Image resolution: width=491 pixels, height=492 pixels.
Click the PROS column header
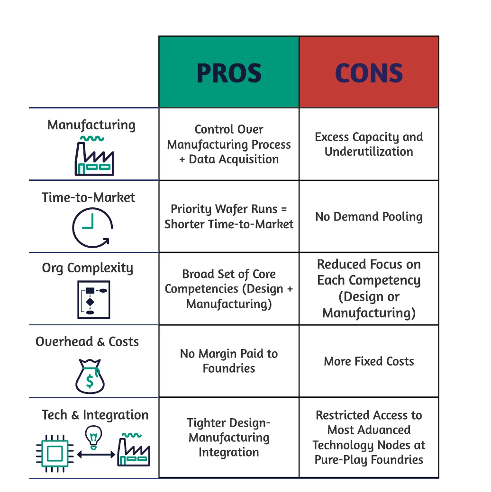click(229, 73)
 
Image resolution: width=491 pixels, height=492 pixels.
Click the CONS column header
click(369, 73)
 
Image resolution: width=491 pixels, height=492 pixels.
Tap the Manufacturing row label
click(91, 125)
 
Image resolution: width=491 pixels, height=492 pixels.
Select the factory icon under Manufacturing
click(94, 156)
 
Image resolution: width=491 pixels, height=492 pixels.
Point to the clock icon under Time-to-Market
click(92, 227)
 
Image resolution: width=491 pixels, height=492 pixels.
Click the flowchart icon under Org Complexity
click(94, 300)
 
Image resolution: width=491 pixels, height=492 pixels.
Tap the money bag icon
click(90, 376)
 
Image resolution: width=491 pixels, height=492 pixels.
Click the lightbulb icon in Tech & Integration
click(94, 437)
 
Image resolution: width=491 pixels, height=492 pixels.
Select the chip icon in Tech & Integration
click(55, 453)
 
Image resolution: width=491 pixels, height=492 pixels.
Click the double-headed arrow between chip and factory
click(96, 454)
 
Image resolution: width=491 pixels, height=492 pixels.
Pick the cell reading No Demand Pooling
click(369, 217)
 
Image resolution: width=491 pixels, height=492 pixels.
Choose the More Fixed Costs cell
click(369, 361)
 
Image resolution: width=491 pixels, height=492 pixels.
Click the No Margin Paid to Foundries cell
click(229, 361)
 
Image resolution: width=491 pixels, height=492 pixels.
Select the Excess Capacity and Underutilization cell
click(369, 144)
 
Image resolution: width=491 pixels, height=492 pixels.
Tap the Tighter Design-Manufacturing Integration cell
click(229, 438)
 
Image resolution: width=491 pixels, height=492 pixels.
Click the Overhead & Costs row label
click(87, 342)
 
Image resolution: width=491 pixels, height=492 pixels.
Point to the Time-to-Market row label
click(88, 197)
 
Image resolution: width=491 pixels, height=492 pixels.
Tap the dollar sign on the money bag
click(90, 381)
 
